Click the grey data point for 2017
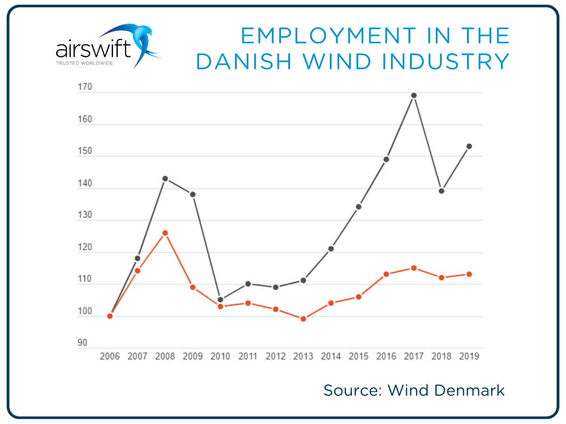[x=414, y=96]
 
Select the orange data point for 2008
[x=165, y=233]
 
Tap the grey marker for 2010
[x=220, y=300]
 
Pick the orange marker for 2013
[x=303, y=319]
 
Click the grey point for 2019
[x=469, y=146]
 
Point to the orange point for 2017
[x=414, y=268]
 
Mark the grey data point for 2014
[x=331, y=249]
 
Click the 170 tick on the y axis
[x=85, y=88]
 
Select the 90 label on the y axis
[x=83, y=343]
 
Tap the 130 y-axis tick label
[x=85, y=215]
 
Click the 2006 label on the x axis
[x=110, y=356]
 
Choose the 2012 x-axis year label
[x=276, y=356]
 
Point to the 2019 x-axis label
[x=469, y=356]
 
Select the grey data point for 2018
[x=441, y=191]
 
